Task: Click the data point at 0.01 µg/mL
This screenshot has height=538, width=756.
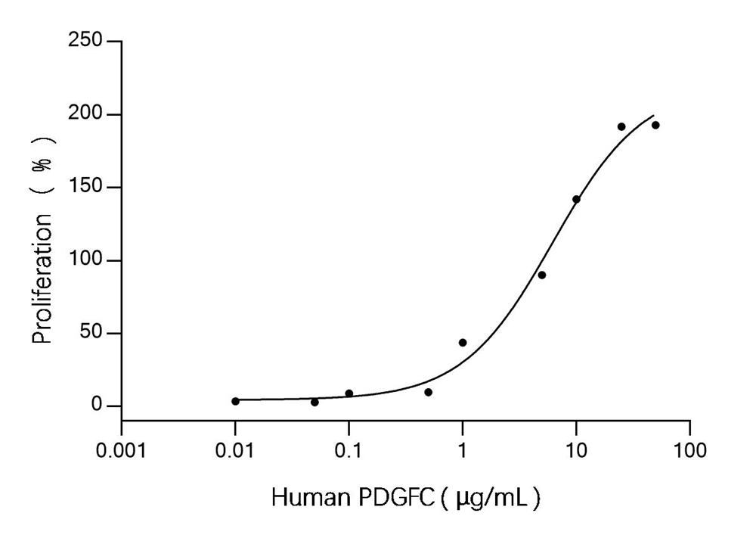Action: (235, 401)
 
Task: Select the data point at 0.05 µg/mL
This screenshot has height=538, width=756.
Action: (314, 403)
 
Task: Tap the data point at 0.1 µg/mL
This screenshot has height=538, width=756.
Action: (349, 393)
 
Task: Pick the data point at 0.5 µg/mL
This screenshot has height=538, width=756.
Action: (428, 392)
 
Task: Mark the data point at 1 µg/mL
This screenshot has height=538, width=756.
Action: (463, 343)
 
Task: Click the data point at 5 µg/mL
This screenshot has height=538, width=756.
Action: (542, 275)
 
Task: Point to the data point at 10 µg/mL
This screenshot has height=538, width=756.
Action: (576, 199)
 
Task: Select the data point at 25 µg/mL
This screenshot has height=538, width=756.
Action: (621, 126)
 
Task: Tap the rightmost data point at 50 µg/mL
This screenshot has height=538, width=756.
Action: (655, 125)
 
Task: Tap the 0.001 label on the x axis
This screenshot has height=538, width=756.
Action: (122, 452)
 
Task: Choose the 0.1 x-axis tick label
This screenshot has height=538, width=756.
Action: (349, 452)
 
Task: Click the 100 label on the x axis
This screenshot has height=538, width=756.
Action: (689, 452)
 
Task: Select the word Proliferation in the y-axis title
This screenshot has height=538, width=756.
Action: (43, 278)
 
